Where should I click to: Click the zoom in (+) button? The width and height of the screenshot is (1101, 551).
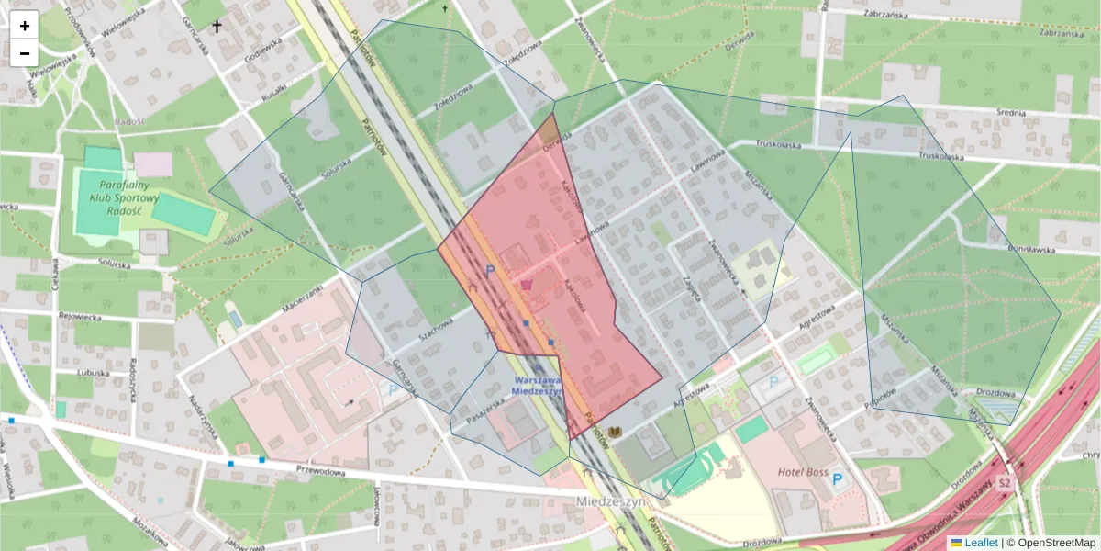[x=25, y=26]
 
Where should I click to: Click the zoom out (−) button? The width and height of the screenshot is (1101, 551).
[x=25, y=53]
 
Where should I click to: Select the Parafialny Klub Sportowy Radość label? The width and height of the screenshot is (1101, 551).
[x=125, y=197]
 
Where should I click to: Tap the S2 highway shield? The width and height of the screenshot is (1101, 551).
[x=1005, y=483]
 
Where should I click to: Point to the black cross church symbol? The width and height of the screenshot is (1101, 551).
[x=217, y=27]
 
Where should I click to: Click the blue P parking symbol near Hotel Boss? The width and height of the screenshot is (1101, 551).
[x=836, y=479]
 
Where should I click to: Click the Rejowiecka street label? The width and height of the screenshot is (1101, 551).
[x=83, y=318]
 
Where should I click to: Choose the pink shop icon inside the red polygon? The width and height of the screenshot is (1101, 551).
[x=526, y=286]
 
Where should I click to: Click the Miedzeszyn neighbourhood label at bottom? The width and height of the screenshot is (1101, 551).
[x=613, y=502]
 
